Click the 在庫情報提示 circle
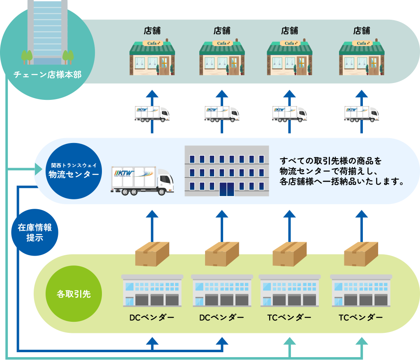pyautogui.click(x=35, y=232)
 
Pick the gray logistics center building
pyautogui.click(x=226, y=171)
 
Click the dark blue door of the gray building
pyautogui.click(x=226, y=189)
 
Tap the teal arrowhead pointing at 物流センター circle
pyautogui.click(x=37, y=169)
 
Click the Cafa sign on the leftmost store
pyautogui.click(x=152, y=43)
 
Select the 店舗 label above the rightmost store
pyautogui.click(x=362, y=30)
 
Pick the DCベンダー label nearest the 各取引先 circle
pyautogui.click(x=152, y=318)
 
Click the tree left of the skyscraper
pyautogui.click(x=27, y=56)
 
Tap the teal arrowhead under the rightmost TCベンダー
pyautogui.click(x=362, y=342)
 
